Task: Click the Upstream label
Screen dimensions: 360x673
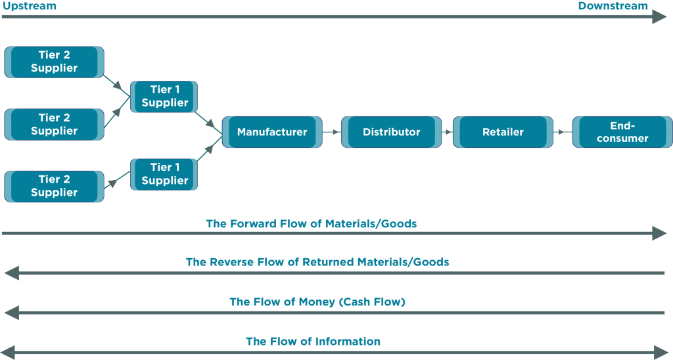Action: point(29,6)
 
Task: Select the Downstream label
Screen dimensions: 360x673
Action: point(613,6)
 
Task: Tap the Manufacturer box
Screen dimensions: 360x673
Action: point(272,132)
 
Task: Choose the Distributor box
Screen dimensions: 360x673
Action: point(391,132)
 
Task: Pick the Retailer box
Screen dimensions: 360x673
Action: point(503,132)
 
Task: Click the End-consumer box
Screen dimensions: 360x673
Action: point(622,132)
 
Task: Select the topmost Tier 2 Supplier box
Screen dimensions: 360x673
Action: point(54,62)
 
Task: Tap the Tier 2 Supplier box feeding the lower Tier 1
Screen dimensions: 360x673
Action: point(54,186)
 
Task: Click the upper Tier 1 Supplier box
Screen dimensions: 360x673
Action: point(164,97)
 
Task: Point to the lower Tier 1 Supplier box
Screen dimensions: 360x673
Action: point(164,174)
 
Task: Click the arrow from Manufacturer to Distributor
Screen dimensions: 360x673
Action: point(332,132)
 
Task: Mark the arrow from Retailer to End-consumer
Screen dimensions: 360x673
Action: point(563,132)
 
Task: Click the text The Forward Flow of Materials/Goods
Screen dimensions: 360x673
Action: point(311,224)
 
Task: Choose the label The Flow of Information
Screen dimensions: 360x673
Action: point(313,342)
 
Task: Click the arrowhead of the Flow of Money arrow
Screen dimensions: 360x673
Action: point(10,313)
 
